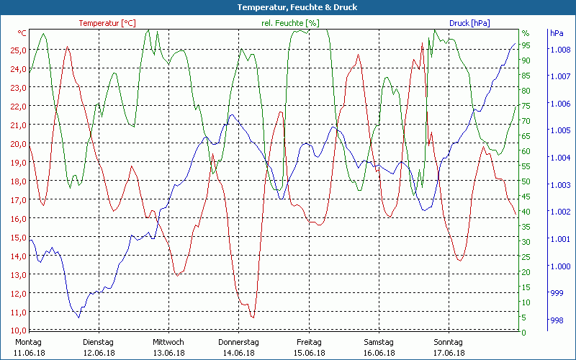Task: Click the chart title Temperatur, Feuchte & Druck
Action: click(x=288, y=7)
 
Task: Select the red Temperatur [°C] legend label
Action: click(x=107, y=23)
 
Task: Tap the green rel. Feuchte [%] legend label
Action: click(x=290, y=23)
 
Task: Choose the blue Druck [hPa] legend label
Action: click(x=469, y=23)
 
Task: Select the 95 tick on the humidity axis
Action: click(x=526, y=45)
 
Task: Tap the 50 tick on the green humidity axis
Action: click(x=526, y=181)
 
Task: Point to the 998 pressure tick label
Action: click(x=556, y=321)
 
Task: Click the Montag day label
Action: click(x=29, y=342)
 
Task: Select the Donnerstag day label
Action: click(x=238, y=342)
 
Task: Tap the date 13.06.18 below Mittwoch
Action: click(x=168, y=353)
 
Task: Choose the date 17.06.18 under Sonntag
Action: click(x=449, y=353)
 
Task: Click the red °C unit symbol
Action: click(x=22, y=33)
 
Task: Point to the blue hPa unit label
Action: click(x=557, y=33)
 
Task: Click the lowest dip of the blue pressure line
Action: click(x=78, y=317)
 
